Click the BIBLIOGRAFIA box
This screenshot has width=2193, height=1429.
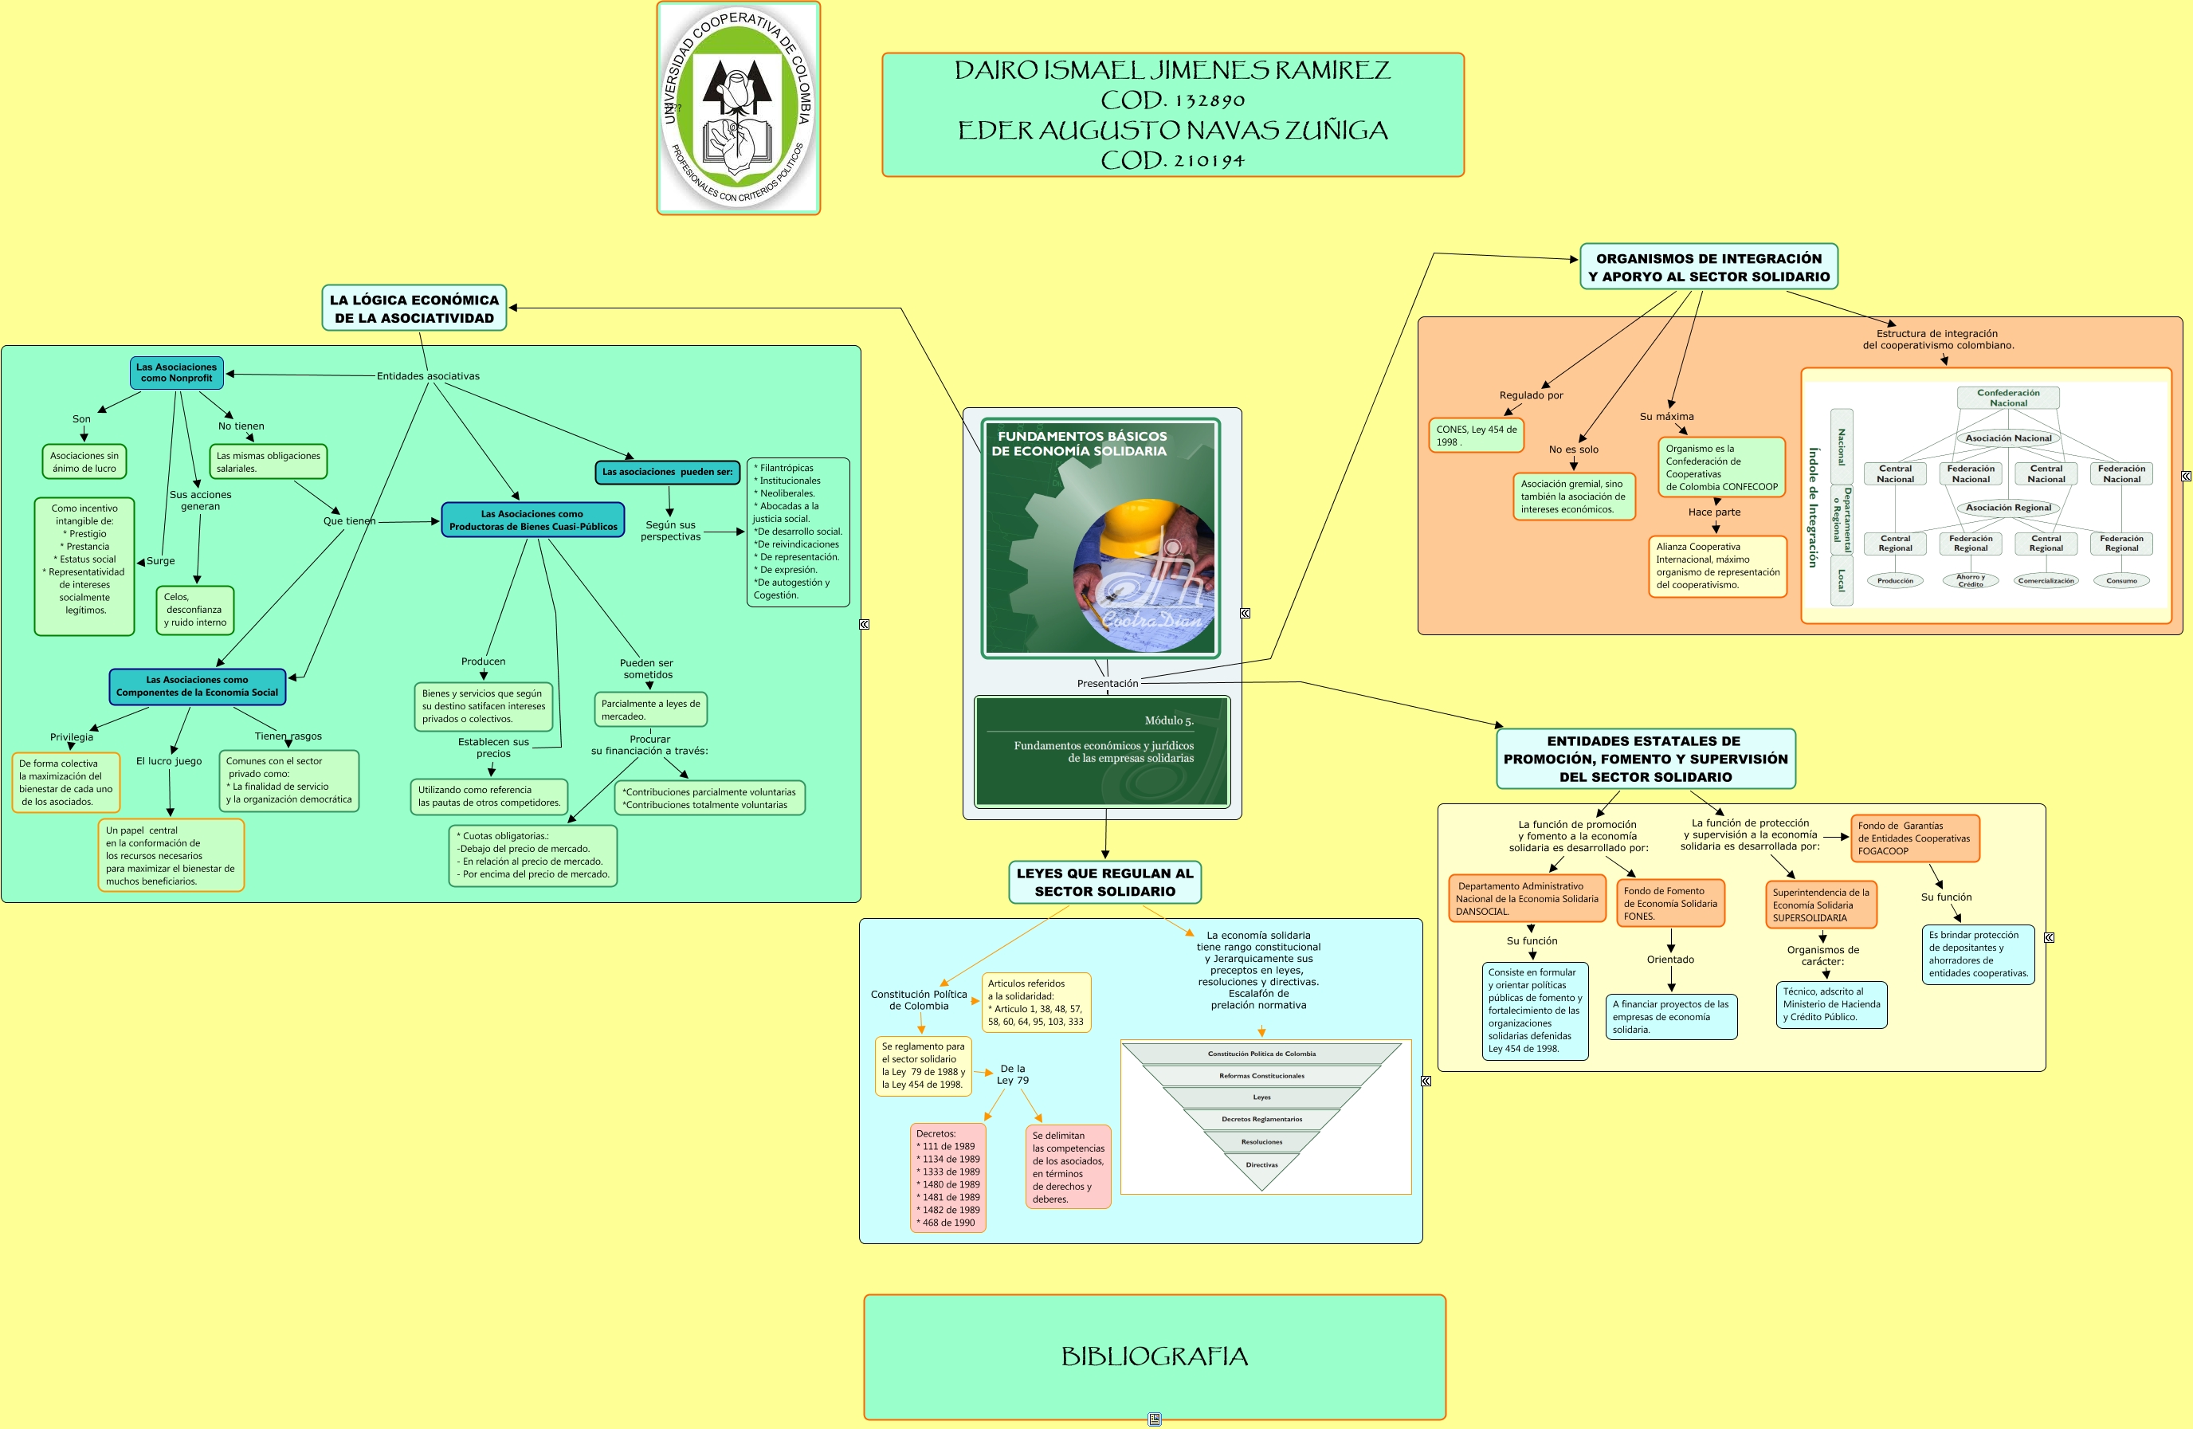(1154, 1356)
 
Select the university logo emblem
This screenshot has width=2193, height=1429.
(738, 108)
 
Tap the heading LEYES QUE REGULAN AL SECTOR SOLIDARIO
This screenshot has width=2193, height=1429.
(1104, 881)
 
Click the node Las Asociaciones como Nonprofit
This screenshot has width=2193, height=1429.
(176, 372)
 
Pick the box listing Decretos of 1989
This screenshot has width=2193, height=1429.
(947, 1177)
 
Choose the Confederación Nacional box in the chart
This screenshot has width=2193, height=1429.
(2008, 397)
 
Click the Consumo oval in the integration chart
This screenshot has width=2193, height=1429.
(2121, 580)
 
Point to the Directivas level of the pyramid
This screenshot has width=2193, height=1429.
(1261, 1165)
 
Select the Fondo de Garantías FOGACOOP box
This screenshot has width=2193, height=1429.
(1914, 838)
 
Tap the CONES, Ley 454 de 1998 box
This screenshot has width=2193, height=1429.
(1475, 436)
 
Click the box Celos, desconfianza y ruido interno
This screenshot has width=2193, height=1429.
(194, 610)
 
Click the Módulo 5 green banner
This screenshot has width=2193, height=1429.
(1102, 751)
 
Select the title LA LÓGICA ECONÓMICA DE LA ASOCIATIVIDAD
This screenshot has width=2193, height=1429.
(414, 308)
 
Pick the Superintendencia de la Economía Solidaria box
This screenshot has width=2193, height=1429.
(1821, 905)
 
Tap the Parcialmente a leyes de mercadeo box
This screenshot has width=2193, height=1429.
(649, 709)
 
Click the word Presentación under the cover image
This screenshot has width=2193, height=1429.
(1108, 684)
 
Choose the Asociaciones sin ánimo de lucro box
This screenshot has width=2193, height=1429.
(84, 461)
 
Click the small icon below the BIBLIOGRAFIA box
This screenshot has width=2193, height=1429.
(1155, 1419)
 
